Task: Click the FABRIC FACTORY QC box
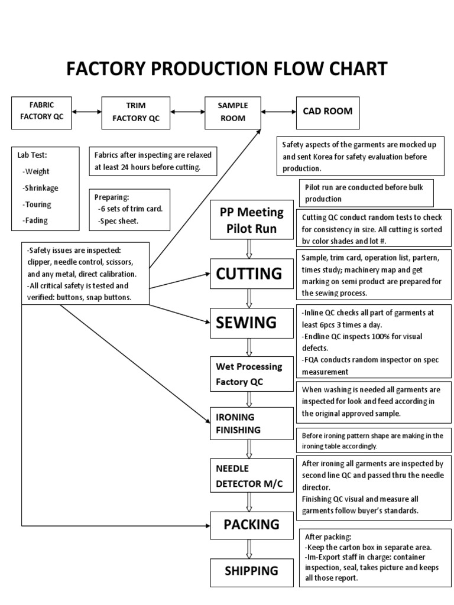41,111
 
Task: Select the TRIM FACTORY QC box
136,112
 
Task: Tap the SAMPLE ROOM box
232,112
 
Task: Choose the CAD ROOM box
327,110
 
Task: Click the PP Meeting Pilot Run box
252,220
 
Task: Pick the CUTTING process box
249,274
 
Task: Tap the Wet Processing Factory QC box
248,374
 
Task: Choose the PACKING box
251,524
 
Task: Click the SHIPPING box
251,571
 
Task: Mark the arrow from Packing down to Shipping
249,549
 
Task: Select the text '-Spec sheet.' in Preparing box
118,220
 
